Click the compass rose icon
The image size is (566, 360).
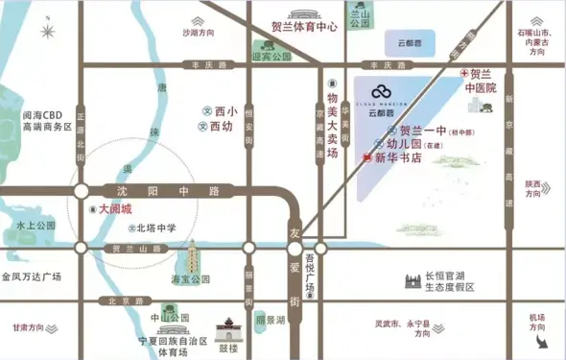click(47, 30)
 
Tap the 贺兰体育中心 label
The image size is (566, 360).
click(305, 28)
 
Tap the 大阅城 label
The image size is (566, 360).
click(113, 208)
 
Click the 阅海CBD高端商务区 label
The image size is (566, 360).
click(45, 120)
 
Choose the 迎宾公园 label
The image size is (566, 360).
click(271, 57)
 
